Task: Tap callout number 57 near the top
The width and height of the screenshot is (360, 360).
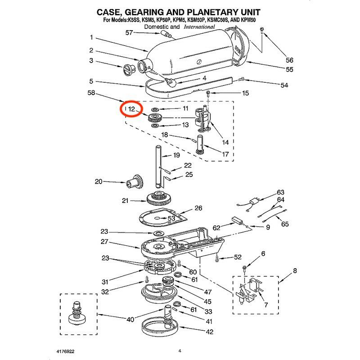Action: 129,32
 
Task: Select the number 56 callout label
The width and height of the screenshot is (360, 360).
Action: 289,60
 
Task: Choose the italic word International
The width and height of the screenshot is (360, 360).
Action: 199,27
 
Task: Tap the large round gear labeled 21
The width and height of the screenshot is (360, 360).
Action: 159,198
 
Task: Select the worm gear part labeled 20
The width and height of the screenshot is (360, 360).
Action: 135,182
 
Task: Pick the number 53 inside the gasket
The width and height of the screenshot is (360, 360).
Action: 171,218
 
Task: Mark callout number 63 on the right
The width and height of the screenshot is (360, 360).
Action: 280,192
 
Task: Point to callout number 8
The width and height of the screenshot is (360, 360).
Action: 295,271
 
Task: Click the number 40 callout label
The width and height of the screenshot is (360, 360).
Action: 130,320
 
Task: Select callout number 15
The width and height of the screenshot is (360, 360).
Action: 245,93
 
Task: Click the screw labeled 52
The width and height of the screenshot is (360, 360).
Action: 217,258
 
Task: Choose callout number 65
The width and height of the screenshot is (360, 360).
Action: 284,224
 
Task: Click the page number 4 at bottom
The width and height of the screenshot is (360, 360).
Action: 179,351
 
